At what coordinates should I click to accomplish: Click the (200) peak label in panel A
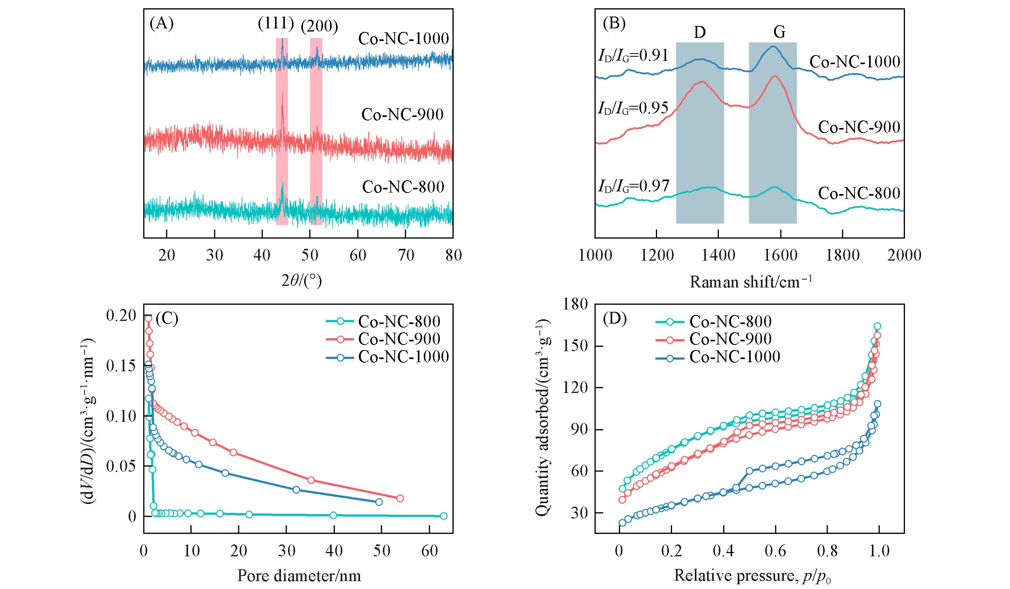[x=319, y=26]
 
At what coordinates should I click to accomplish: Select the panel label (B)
[x=614, y=24]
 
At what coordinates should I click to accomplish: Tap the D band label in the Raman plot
[x=700, y=32]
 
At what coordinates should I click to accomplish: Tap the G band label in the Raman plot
[x=779, y=32]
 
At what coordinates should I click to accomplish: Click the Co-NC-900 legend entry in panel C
[x=399, y=339]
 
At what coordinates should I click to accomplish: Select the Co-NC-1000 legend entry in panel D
[x=734, y=356]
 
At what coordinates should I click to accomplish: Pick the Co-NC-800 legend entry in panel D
[x=730, y=321]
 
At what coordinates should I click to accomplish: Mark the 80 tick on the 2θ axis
[x=453, y=255]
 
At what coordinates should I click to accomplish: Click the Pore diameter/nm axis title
[x=299, y=576]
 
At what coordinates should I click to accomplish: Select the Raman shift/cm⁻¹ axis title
[x=750, y=282]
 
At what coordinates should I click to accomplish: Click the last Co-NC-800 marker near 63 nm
[x=443, y=516]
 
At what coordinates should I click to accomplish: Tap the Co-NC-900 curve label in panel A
[x=403, y=115]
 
